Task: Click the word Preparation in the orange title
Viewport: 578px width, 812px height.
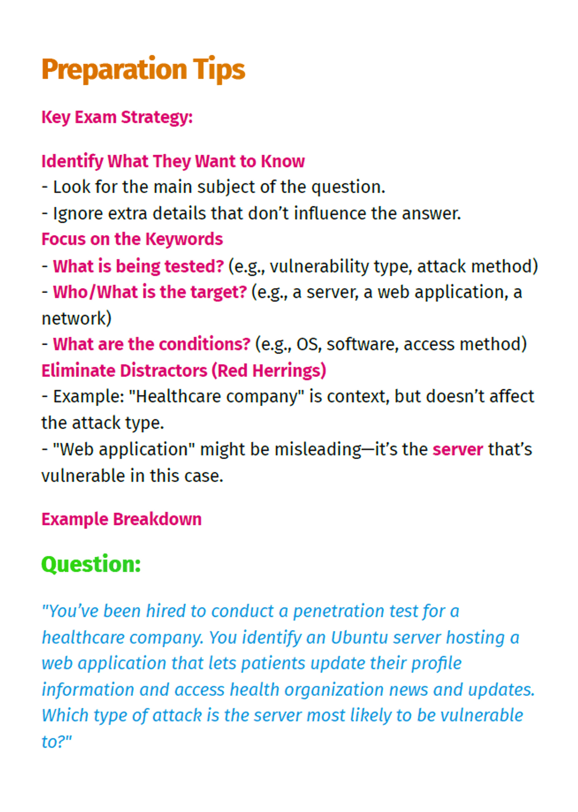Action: click(x=114, y=70)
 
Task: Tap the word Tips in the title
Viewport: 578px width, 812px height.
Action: click(x=219, y=70)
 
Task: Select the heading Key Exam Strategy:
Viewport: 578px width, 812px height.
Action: click(x=117, y=117)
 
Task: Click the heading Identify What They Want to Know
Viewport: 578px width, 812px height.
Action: click(x=173, y=161)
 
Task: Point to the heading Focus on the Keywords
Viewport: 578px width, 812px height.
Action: click(x=132, y=239)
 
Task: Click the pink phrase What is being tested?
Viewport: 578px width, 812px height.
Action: click(x=138, y=266)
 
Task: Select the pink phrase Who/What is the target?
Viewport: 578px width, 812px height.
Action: click(x=150, y=292)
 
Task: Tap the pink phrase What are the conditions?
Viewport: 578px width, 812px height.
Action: click(x=152, y=344)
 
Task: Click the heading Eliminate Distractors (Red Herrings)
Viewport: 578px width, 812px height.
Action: click(x=184, y=370)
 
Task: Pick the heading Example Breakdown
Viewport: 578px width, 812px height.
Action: click(x=121, y=519)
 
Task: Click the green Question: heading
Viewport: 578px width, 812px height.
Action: click(x=91, y=564)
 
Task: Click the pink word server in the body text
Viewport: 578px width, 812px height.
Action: click(x=458, y=449)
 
